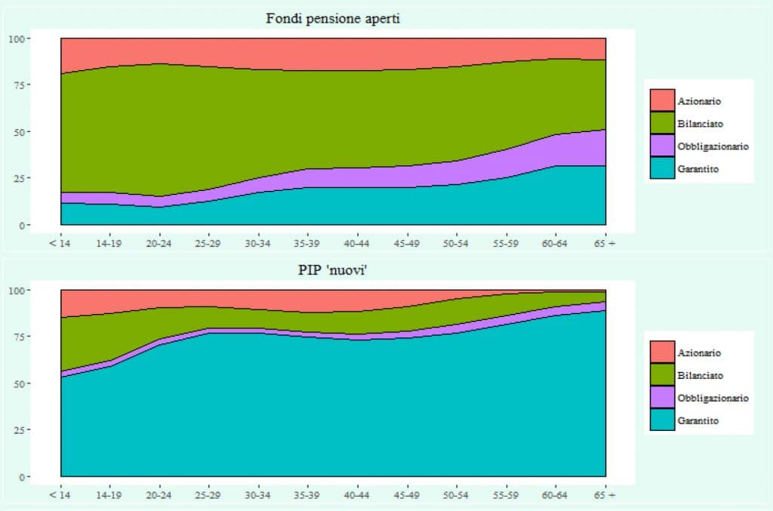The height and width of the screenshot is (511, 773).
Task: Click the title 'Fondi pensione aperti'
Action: tap(332, 19)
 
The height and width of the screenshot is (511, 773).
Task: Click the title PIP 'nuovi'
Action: tap(332, 271)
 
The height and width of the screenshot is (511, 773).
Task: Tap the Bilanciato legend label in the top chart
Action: tap(700, 123)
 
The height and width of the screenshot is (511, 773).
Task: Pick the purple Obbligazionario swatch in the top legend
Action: tap(662, 146)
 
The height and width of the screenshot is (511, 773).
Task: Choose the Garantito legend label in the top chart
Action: tap(698, 169)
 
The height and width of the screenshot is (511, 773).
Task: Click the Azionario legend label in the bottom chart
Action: tap(699, 352)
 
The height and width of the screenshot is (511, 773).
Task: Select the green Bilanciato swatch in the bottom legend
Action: tap(662, 375)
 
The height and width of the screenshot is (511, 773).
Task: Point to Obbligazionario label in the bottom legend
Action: tap(713, 398)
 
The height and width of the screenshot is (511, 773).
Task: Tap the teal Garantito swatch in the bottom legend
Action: tap(662, 420)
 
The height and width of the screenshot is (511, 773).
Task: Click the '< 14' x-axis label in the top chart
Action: tap(60, 243)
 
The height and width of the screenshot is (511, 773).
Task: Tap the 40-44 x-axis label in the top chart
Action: tap(357, 243)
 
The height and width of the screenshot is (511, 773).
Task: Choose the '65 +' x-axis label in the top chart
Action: tap(605, 243)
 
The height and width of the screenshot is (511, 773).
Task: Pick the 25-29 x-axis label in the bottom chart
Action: tap(208, 495)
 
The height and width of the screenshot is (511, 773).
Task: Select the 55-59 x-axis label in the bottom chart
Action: tap(506, 495)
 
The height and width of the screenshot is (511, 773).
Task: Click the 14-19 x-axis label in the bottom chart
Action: tap(109, 495)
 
